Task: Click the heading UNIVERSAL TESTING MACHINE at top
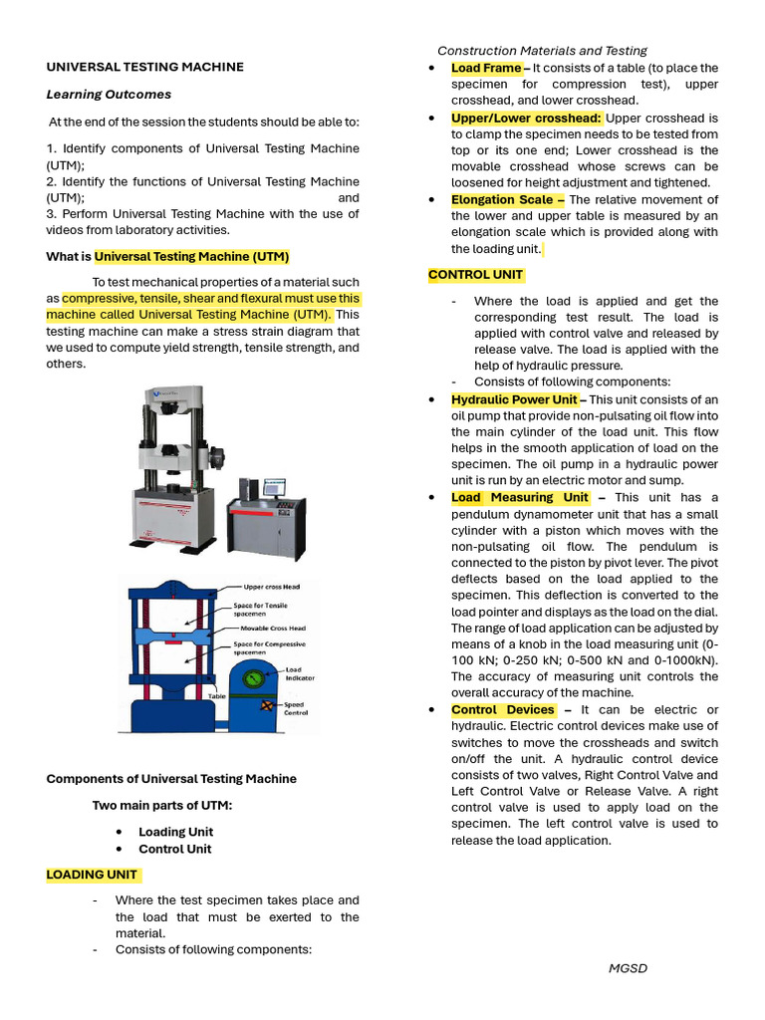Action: point(144,67)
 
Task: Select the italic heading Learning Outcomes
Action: point(109,95)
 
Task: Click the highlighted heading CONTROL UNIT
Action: point(475,275)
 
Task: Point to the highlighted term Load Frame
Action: point(485,68)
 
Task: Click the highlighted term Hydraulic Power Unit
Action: point(513,399)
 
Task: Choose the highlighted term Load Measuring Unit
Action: point(519,497)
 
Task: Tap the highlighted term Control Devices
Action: point(503,710)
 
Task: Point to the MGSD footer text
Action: point(628,968)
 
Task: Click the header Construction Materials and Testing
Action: point(542,50)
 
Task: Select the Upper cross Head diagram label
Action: point(264,588)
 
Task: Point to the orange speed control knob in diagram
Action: point(267,705)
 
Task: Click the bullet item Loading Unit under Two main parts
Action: point(175,832)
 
